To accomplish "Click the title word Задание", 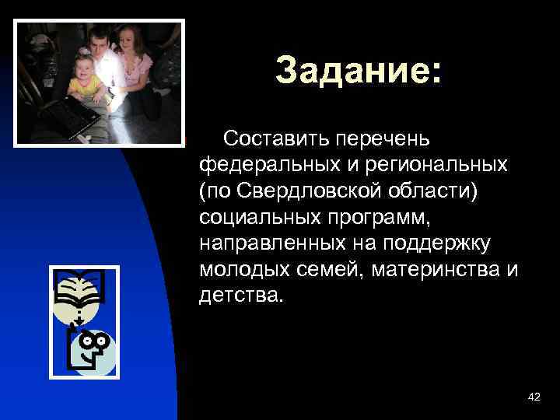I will [357, 71].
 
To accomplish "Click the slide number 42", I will [534, 397].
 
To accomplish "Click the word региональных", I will [433, 165].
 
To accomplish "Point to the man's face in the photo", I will [99, 40].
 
